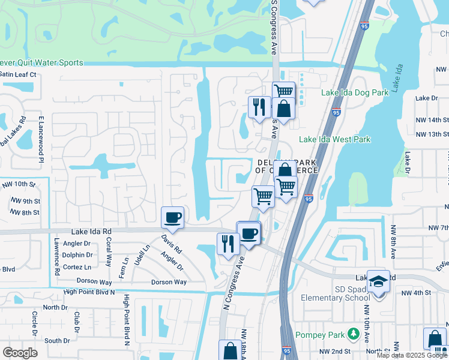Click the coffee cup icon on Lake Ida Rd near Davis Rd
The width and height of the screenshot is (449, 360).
point(173,217)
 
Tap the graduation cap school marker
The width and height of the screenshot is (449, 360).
point(378,281)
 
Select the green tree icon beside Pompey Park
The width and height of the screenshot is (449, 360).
point(354,333)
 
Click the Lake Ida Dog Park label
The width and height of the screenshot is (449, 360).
point(355,92)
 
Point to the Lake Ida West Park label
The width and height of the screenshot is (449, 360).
point(335,140)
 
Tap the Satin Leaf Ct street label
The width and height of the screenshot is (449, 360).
point(18,74)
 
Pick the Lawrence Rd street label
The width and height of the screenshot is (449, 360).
point(56,254)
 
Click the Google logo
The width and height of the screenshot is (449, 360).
point(20,353)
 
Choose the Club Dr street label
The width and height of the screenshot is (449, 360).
point(76,322)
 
